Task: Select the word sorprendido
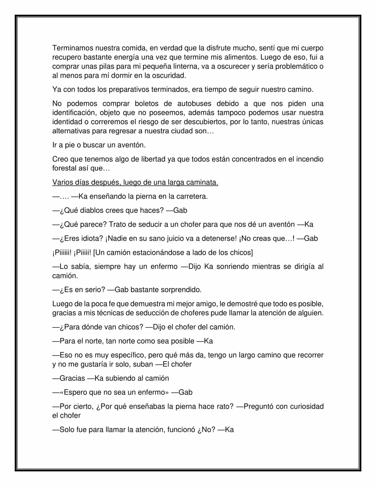(184, 290)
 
